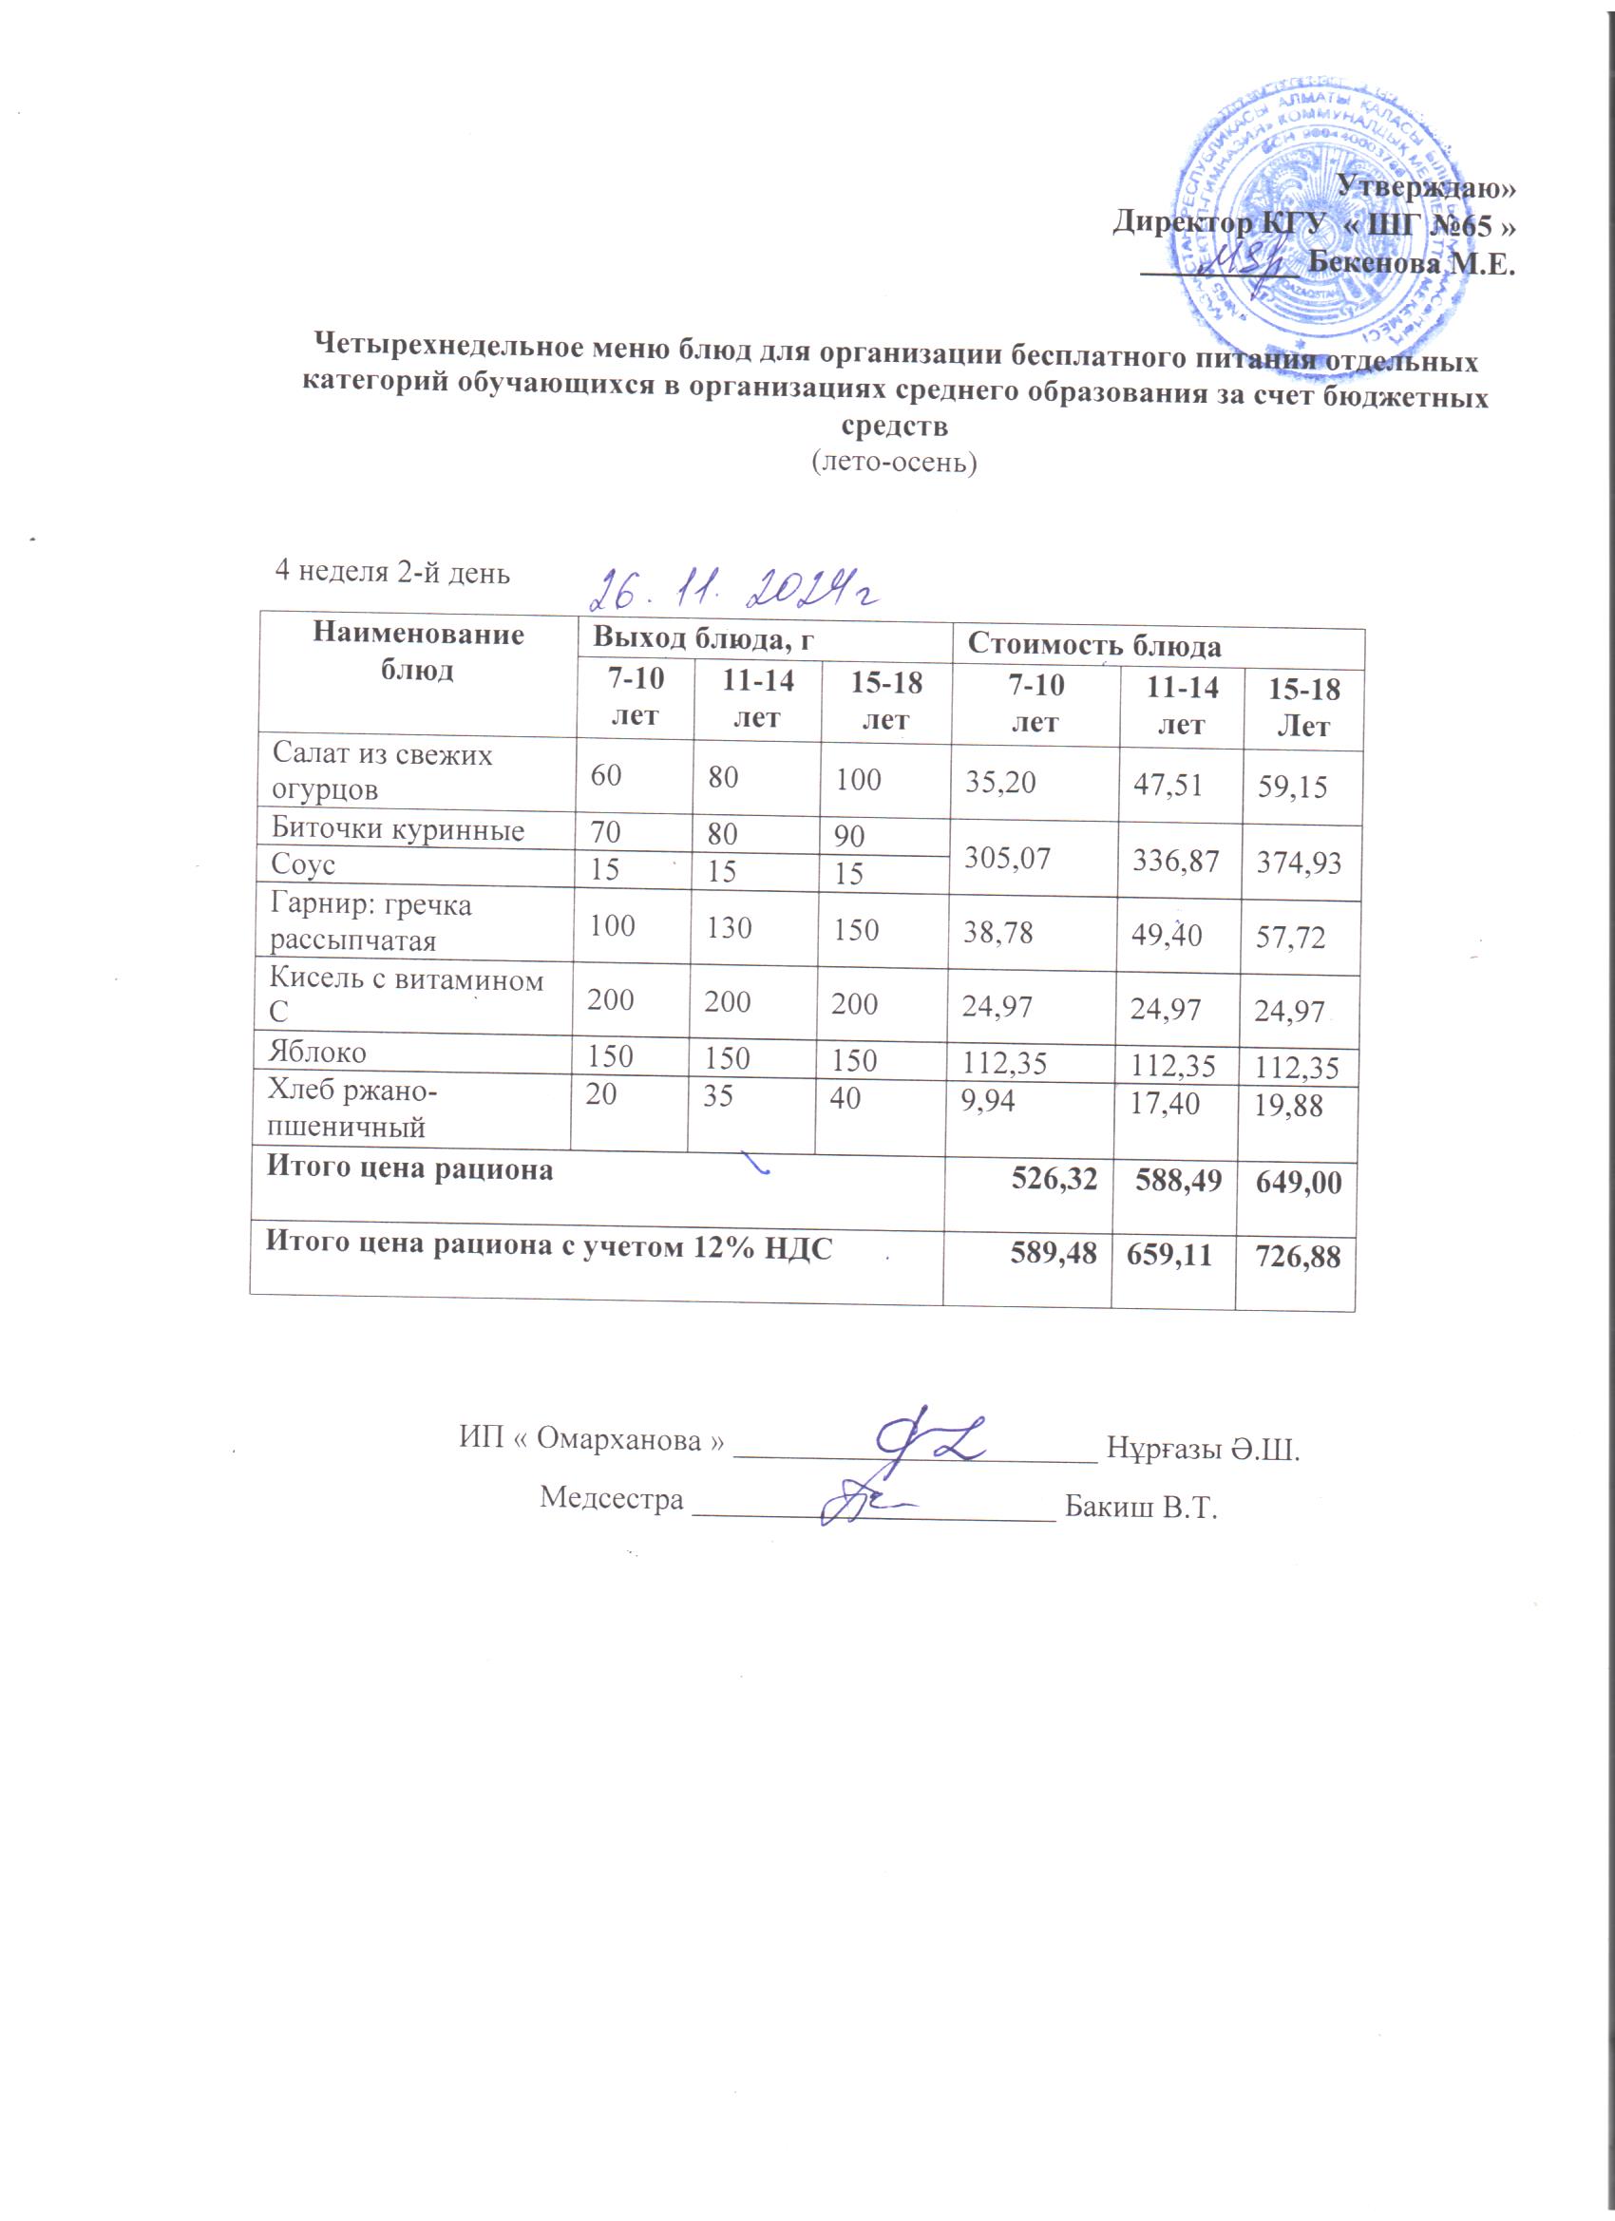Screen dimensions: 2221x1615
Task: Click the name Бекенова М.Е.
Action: [x=1412, y=264]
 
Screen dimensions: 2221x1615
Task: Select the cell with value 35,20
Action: [x=1001, y=782]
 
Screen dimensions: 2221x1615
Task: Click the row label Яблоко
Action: [x=318, y=1052]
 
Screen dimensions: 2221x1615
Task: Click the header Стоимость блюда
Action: [x=1094, y=646]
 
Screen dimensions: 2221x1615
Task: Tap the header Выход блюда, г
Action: [x=703, y=637]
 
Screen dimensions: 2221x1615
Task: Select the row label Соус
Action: [x=303, y=864]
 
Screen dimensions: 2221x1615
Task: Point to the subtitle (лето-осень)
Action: [x=894, y=462]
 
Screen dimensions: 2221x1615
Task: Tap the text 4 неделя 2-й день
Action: [x=392, y=572]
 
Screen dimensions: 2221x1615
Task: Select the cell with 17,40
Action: [x=1165, y=1105]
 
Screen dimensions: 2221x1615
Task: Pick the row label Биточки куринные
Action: [x=398, y=829]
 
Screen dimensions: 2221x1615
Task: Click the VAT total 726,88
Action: [x=1299, y=1256]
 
